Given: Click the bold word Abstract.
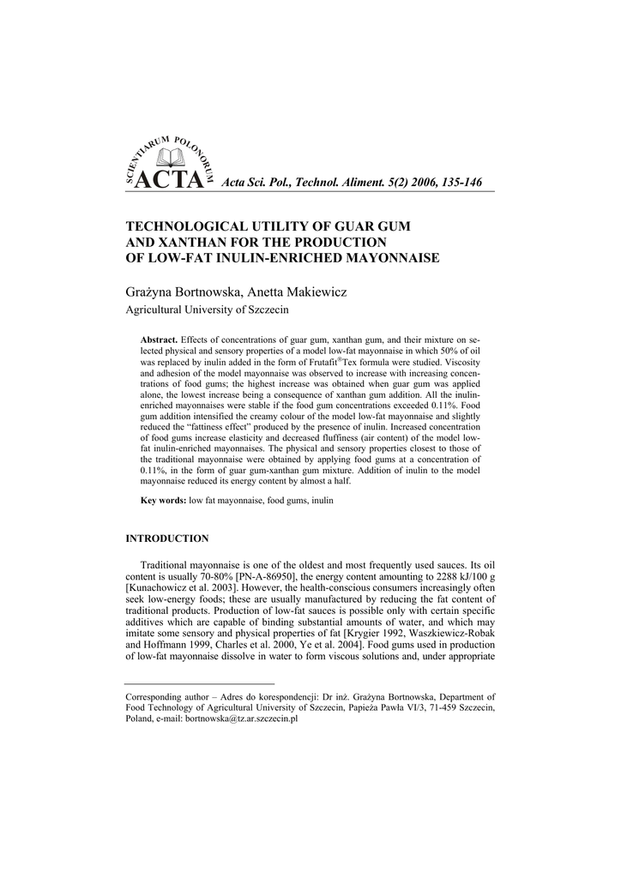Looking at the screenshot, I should pos(159,340).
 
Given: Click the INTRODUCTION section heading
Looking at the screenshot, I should pos(167,538).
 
